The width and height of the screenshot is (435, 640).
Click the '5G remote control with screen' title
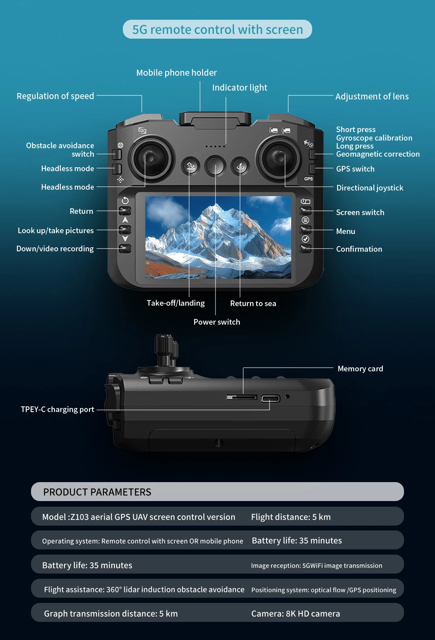coord(217,29)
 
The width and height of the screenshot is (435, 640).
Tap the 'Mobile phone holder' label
coord(176,73)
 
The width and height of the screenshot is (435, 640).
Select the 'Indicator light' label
coord(240,88)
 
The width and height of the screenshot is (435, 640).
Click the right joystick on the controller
coord(279,158)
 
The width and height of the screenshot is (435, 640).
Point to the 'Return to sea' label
coord(253,304)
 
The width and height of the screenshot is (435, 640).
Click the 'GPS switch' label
coord(355,169)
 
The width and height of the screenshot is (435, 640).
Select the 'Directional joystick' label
coord(370,188)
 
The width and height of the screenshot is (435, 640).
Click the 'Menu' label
coord(346,232)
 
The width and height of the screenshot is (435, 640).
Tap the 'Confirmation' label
coord(359,249)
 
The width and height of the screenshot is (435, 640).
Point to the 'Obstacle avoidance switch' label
coord(60,150)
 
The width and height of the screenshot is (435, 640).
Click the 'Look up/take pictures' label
coord(56,231)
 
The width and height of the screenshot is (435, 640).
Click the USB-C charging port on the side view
coord(270,399)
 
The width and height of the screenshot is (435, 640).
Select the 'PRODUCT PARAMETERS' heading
coord(97,492)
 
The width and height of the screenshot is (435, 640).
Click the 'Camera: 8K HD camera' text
coord(296,614)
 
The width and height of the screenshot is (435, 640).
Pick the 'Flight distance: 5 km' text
coord(291,517)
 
